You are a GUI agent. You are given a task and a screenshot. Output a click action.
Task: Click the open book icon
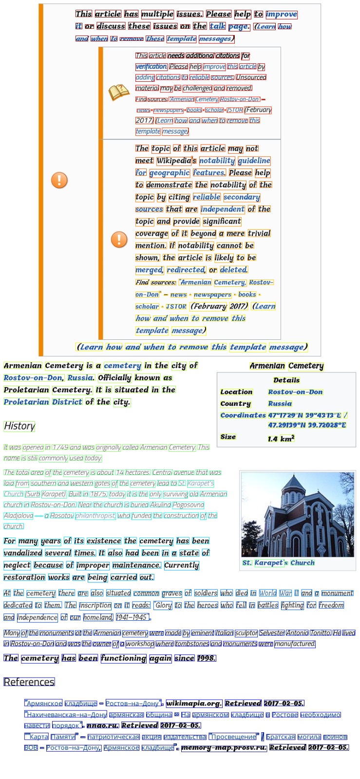tap(119, 92)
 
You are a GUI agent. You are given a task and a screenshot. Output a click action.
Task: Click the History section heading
tap(19, 426)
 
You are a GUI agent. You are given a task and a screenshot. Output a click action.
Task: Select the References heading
tap(29, 682)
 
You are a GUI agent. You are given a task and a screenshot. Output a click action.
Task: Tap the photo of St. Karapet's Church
tap(298, 514)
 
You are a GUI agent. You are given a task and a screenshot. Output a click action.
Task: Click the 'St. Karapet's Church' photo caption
tap(279, 563)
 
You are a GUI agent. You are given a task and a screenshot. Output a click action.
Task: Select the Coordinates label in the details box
tap(243, 415)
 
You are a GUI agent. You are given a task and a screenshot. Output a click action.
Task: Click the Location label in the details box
tap(236, 392)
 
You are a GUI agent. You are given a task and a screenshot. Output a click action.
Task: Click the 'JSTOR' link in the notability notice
tap(176, 307)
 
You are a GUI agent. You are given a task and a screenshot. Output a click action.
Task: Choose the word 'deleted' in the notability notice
tap(233, 270)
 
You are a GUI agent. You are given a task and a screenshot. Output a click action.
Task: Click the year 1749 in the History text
tap(60, 447)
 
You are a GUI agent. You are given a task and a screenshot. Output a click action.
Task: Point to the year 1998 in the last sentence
tap(206, 658)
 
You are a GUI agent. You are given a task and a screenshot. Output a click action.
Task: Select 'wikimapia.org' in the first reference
tap(194, 703)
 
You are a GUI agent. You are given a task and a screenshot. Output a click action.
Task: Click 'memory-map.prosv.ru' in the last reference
tap(224, 747)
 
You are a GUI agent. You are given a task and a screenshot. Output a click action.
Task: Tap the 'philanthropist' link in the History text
tap(95, 516)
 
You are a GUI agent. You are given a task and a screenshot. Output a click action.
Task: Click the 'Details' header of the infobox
tap(286, 380)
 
